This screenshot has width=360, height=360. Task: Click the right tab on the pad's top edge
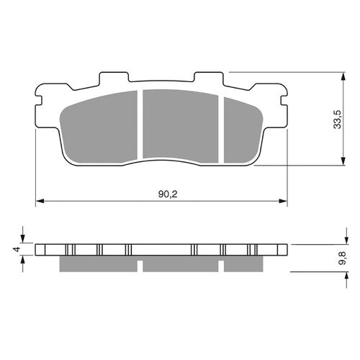click(x=208, y=78)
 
